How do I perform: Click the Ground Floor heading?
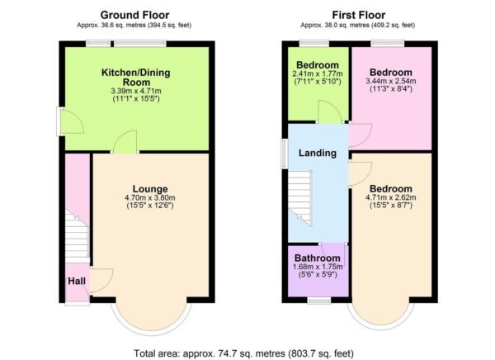point(136,14)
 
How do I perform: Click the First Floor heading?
point(361,14)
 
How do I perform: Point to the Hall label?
point(75,281)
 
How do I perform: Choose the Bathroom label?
point(318,258)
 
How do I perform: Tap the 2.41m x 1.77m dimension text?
point(318,74)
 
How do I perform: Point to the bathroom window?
point(318,301)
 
